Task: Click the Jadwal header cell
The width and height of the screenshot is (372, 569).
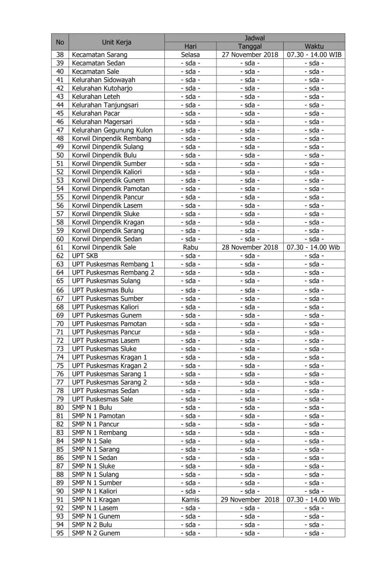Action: pos(255,37)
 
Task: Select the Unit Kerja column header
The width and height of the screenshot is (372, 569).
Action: pos(117,42)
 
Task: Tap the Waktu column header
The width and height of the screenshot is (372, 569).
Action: pos(314,46)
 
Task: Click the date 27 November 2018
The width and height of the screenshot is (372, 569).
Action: pos(249,55)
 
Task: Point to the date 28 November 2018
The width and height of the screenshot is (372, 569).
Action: pos(249,247)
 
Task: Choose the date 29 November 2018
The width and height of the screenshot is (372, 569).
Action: pos(249,500)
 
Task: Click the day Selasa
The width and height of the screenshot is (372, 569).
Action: pos(190,55)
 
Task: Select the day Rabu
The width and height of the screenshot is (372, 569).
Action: pos(190,247)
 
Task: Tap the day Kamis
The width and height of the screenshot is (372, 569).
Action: pos(190,500)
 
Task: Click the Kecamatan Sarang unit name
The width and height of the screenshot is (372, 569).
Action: pos(99,55)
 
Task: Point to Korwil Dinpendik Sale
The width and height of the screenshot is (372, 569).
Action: pos(104,247)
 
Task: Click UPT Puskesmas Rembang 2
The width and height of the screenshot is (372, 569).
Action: pos(113,272)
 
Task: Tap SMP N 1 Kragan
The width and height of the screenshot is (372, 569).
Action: pos(95,500)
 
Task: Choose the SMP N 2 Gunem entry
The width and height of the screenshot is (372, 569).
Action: pos(95,533)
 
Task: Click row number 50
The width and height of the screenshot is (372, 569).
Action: pos(61,155)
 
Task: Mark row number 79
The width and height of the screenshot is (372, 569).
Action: pos(61,399)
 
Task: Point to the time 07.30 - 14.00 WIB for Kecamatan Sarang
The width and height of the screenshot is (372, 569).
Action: pos(314,55)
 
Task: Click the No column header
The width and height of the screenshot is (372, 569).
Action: pos(61,42)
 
